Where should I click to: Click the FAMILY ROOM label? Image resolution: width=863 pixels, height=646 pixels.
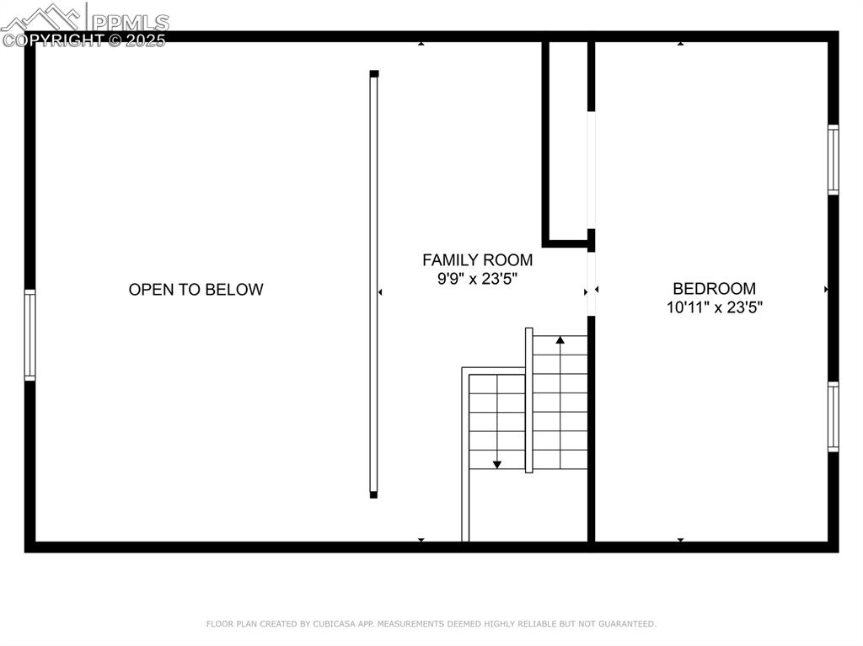pos(477,260)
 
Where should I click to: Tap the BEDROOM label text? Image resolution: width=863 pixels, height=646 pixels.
pos(714,289)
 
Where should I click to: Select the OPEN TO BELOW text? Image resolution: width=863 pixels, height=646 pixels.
pos(196,290)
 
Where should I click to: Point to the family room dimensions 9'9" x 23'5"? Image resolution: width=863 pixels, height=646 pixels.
pos(477,279)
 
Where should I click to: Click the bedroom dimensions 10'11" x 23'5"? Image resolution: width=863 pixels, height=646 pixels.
pos(714,307)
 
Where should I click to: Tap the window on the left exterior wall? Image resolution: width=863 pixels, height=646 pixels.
pos(30,335)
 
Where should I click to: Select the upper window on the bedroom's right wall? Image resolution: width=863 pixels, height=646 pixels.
pos(833,159)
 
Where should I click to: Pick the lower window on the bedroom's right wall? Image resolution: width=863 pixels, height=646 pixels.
pos(833,417)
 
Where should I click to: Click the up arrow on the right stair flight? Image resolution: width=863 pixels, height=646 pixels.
pos(560,340)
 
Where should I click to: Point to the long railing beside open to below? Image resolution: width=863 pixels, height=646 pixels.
pos(374,285)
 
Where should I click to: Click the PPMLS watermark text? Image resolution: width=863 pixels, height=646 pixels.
pos(130,22)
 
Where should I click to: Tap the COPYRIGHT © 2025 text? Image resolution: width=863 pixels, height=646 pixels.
pos(84,40)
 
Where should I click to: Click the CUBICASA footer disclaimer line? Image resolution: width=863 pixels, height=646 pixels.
pos(431,624)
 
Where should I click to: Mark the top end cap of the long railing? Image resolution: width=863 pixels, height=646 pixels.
pos(374,74)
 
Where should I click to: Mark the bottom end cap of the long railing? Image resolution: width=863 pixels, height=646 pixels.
pos(374,494)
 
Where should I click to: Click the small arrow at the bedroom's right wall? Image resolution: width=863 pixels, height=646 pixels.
pos(826,289)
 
